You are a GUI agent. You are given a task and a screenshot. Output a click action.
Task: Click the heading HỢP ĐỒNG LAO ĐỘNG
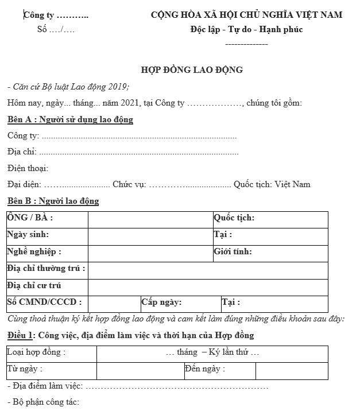tap(192, 70)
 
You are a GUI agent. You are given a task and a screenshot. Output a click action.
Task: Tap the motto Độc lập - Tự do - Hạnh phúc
tap(246, 29)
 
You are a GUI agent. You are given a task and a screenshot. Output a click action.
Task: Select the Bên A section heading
tap(70, 119)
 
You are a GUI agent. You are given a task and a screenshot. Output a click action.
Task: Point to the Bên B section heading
tap(53, 201)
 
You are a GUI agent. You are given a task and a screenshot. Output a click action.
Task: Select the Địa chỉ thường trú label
tap(47, 268)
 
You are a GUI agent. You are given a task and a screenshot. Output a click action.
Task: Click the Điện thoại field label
tap(28, 168)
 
